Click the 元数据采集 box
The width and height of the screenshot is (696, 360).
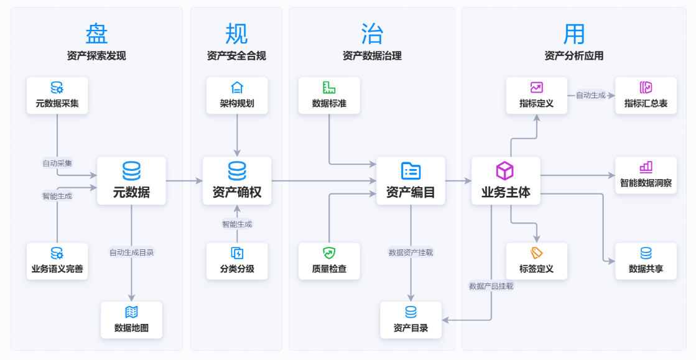pos(57,96)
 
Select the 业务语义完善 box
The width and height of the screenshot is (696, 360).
pos(57,261)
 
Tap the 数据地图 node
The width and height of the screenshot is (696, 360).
pos(131,320)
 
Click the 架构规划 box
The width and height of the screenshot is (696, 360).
pos(237,96)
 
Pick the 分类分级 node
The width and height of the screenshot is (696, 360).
pos(237,261)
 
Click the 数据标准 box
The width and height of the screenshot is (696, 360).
pos(329,96)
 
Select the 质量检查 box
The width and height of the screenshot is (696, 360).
pos(329,261)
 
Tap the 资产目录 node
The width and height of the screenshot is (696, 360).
pos(411,320)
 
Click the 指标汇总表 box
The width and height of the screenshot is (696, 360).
pos(646,96)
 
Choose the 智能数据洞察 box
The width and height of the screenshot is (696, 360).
pos(646,175)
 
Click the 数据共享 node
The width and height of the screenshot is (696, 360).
pos(646,261)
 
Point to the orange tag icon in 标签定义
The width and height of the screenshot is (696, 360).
pos(536,253)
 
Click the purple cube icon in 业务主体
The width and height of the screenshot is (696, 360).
pos(504,171)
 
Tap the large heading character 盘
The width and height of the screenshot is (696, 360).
pos(96,33)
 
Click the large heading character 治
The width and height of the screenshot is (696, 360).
pos(372,33)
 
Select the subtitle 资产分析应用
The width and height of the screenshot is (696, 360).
pos(573,56)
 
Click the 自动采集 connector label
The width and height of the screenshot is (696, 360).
pos(57,163)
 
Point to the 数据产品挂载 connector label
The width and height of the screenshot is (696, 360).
pos(491,286)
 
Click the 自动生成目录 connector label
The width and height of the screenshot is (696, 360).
pos(131,252)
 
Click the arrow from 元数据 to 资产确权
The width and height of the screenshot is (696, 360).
pos(184,181)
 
